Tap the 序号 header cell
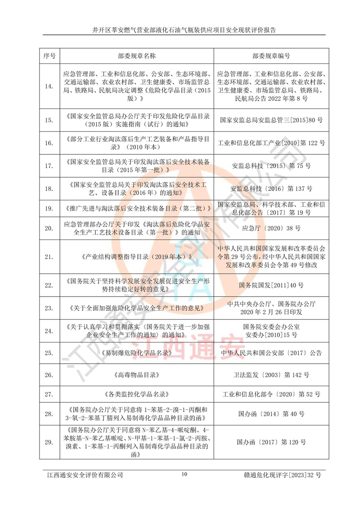tap(49, 56)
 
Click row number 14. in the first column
tap(49, 86)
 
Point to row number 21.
tap(49, 257)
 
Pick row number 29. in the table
tap(49, 442)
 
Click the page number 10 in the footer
tap(184, 474)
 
